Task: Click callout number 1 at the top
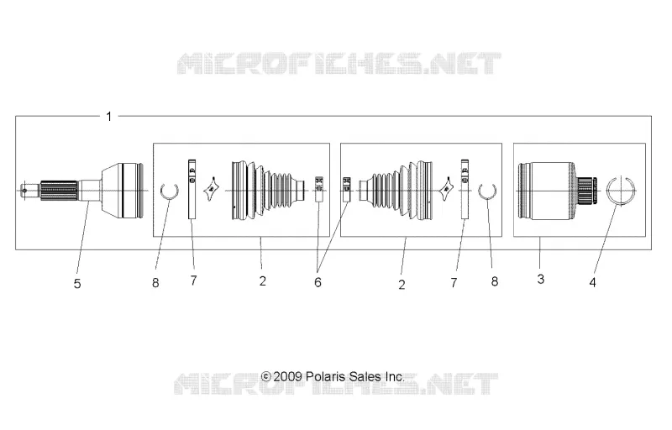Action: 109,117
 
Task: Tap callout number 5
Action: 77,284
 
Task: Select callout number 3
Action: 540,279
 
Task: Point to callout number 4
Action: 592,283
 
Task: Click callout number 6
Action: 318,282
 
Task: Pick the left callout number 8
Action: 155,283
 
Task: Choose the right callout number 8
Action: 495,281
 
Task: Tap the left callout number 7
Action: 193,281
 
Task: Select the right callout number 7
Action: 454,283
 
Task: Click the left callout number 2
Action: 263,281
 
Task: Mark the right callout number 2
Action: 402,285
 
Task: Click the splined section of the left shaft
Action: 59,191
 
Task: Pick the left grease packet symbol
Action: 211,190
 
